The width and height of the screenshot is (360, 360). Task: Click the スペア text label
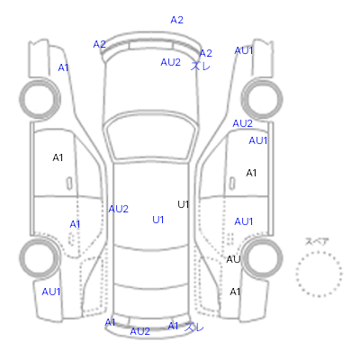point(317,242)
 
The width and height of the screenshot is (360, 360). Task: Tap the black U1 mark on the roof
point(184,204)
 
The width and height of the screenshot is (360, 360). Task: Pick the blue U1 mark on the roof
point(158,220)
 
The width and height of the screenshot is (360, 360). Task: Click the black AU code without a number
point(233,259)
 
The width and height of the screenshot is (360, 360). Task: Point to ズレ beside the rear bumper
point(194,327)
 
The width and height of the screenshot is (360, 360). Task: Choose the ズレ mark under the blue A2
point(201,66)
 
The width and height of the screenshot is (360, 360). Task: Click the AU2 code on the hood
point(170,62)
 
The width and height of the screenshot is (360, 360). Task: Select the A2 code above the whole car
point(176,20)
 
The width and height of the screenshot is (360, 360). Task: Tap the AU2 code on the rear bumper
point(139,331)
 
